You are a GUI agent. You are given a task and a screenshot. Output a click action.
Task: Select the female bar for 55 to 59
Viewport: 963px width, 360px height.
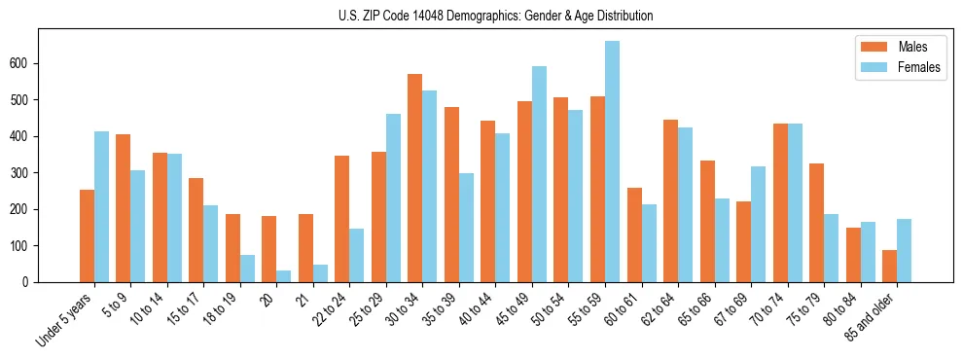click(612, 162)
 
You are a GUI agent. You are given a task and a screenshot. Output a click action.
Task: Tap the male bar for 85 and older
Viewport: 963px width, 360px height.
click(889, 266)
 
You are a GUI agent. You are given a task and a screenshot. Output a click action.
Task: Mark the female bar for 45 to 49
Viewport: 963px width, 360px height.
click(539, 174)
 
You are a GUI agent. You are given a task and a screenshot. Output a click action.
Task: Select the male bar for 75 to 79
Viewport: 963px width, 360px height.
click(816, 223)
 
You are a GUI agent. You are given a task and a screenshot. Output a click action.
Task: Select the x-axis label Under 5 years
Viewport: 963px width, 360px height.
click(65, 318)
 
